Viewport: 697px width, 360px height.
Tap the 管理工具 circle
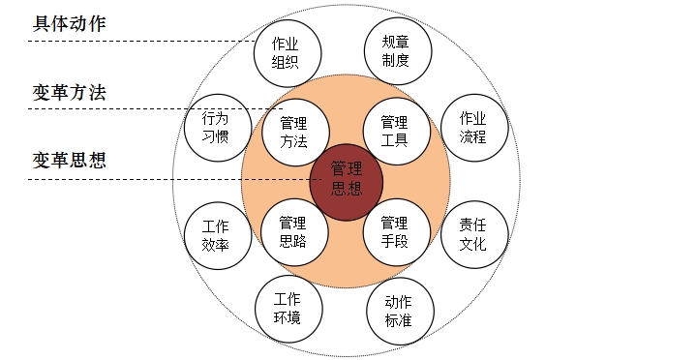394,131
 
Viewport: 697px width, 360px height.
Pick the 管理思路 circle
293,230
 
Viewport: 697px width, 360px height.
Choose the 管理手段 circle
395,230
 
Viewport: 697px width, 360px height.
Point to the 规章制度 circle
396,50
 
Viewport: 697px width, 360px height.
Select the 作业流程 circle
472,126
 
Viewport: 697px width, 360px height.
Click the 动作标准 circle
398,309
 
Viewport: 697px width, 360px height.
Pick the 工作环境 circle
287,308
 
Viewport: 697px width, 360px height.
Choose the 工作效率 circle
215,234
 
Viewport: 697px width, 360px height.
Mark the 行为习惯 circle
215,126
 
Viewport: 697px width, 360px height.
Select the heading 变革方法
70,94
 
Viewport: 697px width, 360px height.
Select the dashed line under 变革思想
145,179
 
